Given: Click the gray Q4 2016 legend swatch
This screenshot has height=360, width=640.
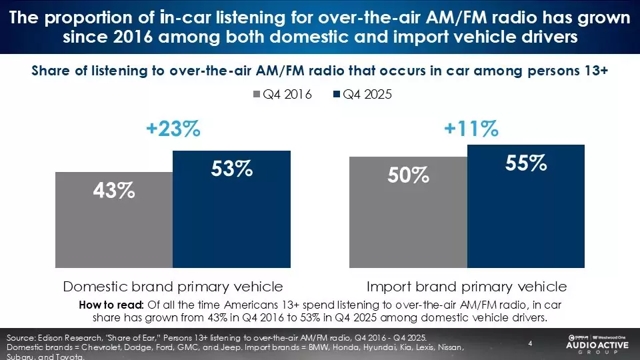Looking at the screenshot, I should click(x=256, y=95).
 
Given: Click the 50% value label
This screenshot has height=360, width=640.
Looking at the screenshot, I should click(x=408, y=175).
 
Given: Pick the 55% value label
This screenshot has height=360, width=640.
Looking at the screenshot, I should click(x=527, y=163).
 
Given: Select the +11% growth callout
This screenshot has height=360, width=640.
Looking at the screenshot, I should click(x=471, y=129).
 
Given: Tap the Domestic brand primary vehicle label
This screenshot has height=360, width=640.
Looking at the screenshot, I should click(x=173, y=287).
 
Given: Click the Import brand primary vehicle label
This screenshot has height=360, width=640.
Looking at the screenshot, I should click(x=467, y=287).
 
